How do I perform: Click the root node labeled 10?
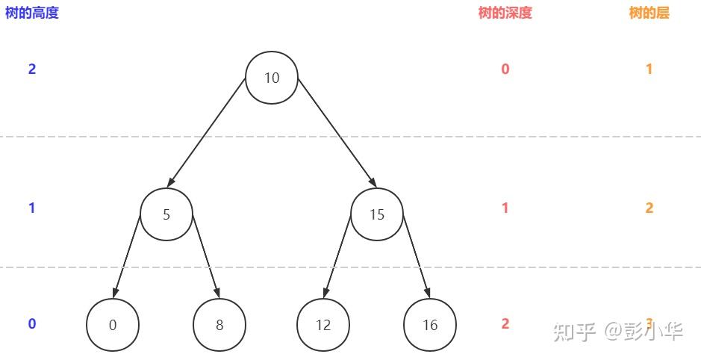pyautogui.click(x=272, y=78)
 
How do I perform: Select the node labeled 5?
pyautogui.click(x=166, y=214)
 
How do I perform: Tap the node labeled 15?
pyautogui.click(x=377, y=214)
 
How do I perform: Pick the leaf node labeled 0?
pyautogui.click(x=113, y=325)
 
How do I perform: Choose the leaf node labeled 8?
pyautogui.click(x=219, y=325)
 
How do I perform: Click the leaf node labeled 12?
pyautogui.click(x=323, y=325)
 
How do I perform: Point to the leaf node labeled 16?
pyautogui.click(x=430, y=325)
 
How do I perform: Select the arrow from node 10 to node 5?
pyautogui.click(x=208, y=131)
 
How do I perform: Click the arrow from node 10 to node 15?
pyautogui.click(x=336, y=131)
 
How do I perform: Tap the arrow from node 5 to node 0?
pyautogui.click(x=128, y=255)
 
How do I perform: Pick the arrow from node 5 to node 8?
pyautogui.click(x=206, y=255)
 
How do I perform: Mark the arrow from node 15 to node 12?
pyautogui.click(x=337, y=255)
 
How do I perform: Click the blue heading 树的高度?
pyautogui.click(x=31, y=13)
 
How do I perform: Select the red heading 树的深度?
pyautogui.click(x=505, y=13)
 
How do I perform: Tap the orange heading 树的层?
pyautogui.click(x=649, y=13)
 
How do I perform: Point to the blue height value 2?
pyautogui.click(x=32, y=69)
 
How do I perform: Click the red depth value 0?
pyautogui.click(x=505, y=69)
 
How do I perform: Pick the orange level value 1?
pyautogui.click(x=649, y=69)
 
